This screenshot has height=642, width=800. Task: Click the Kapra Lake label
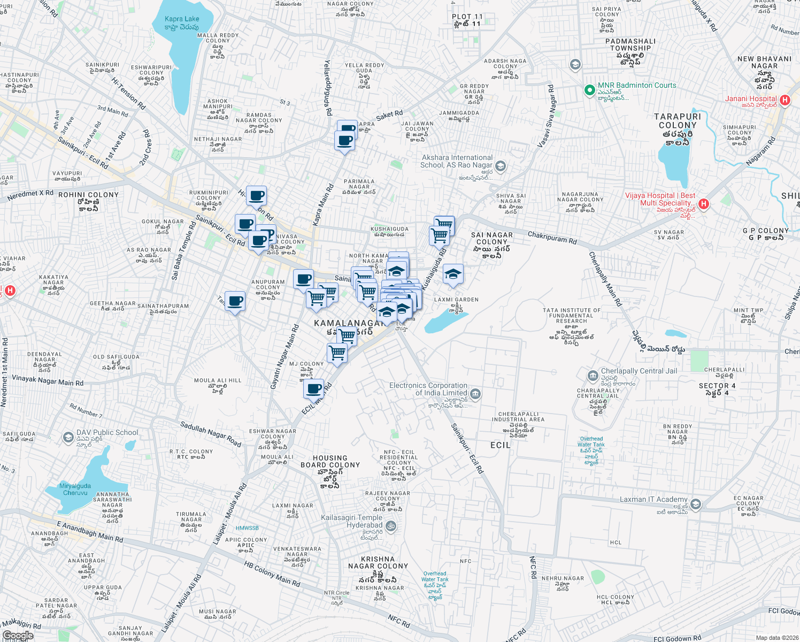182,19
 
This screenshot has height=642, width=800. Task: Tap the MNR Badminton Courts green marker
589,90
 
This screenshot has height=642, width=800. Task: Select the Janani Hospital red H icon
785,100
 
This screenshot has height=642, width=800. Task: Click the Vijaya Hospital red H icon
704,204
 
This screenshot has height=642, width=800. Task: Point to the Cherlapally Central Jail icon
593,376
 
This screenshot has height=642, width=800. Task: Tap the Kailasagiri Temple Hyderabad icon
391,525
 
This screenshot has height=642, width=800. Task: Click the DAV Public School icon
68,438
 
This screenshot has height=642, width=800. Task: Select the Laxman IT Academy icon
695,504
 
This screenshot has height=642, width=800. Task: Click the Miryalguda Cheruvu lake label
75,489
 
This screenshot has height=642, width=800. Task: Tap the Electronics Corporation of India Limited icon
475,395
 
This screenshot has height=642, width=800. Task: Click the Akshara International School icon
500,166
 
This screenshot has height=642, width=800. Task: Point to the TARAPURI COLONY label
678,121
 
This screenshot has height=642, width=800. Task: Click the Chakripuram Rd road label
552,238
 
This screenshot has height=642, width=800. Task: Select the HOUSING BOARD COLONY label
330,461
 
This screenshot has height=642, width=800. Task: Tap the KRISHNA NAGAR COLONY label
378,562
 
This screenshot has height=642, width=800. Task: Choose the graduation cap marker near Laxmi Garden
453,274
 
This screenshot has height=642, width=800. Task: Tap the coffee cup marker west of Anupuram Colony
235,302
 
